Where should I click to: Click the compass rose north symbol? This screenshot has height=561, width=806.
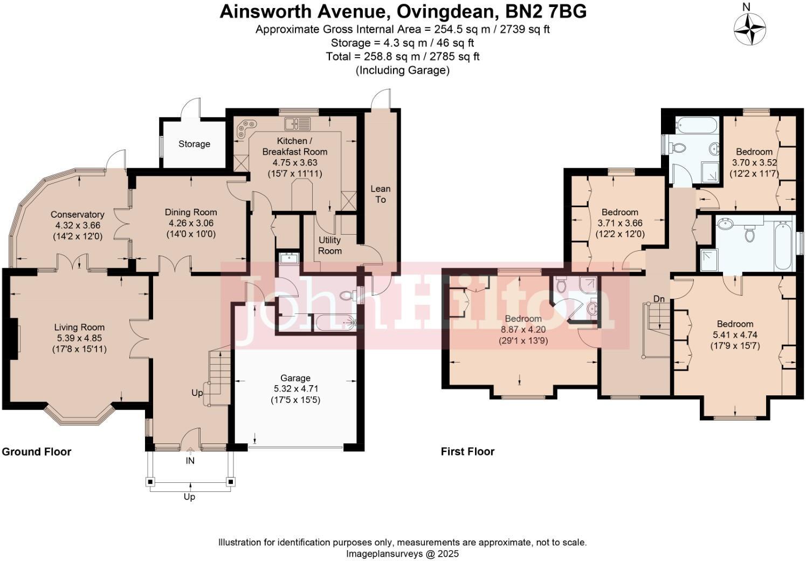(750, 28)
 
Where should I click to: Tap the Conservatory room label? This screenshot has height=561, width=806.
(77, 215)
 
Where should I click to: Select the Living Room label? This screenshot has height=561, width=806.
(79, 327)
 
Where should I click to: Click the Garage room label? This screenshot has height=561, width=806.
(295, 378)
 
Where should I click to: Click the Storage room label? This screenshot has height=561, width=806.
(194, 144)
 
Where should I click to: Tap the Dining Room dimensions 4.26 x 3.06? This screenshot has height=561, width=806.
(191, 223)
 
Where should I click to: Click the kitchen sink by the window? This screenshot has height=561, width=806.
(298, 124)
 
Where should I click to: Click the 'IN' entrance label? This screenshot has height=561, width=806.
(190, 461)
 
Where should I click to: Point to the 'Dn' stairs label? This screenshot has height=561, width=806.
(659, 299)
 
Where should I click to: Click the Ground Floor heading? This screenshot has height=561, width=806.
(37, 451)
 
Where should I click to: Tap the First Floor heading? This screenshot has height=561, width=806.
(467, 451)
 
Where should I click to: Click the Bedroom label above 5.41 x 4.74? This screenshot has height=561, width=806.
(735, 324)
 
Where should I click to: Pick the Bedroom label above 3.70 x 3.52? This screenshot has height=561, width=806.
(754, 152)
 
